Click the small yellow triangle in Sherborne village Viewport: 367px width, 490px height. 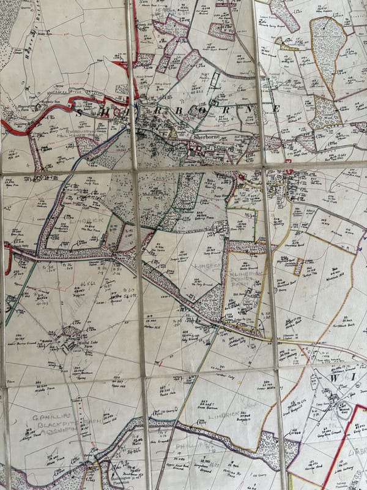click(x=173, y=132)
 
